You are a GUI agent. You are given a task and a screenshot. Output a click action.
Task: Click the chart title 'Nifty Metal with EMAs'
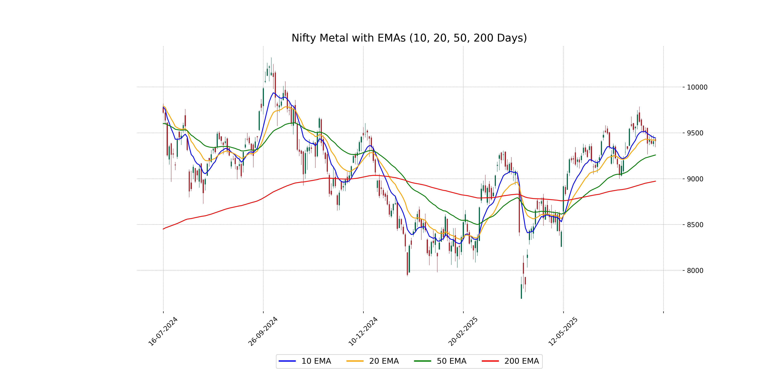coord(409,38)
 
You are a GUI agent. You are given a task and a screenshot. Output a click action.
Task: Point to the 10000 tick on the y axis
coord(697,87)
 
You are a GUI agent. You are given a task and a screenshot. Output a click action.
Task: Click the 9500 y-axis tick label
coord(695,133)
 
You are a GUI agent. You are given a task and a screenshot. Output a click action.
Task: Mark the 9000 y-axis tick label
coord(695,179)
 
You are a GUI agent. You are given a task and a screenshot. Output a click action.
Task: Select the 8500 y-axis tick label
coord(695,225)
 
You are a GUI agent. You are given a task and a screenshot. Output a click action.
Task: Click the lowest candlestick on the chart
coord(521,291)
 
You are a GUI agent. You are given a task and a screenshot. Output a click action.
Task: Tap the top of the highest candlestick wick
coord(271,58)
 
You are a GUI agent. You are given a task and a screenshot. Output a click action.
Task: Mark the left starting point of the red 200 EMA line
coord(163,229)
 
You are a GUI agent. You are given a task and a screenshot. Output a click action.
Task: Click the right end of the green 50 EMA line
coord(655,155)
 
